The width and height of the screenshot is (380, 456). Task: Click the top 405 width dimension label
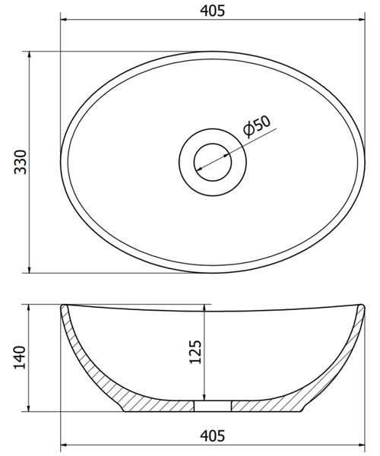click(x=212, y=11)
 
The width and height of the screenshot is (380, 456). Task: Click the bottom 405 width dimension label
click(x=212, y=435)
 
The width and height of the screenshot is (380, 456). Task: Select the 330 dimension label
click(x=21, y=162)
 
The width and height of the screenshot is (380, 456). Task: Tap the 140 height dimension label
click(x=20, y=357)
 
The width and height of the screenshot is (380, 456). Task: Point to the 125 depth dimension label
click(x=195, y=352)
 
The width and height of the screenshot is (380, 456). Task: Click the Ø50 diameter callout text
click(x=257, y=126)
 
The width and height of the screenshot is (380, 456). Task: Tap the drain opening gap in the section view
click(x=213, y=406)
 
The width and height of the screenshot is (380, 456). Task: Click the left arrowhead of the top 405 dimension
click(x=64, y=20)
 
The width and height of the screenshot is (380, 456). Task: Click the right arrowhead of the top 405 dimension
click(x=362, y=20)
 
